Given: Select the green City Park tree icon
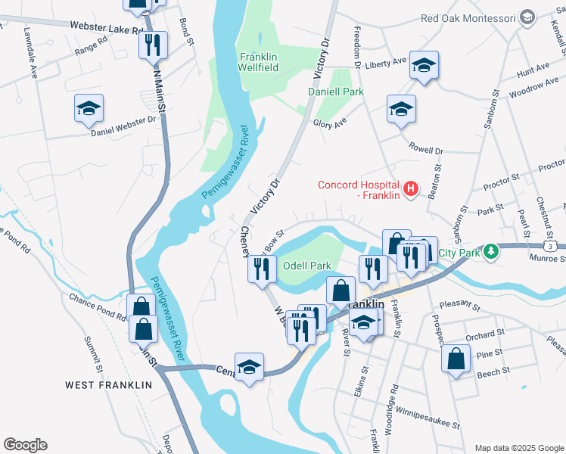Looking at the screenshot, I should click(491, 250).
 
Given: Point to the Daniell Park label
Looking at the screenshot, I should click(335, 92).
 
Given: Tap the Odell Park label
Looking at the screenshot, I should click(306, 266).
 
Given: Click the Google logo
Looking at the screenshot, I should click(25, 445).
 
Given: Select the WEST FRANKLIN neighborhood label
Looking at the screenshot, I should click(108, 385).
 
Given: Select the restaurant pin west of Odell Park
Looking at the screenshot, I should click(261, 269).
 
